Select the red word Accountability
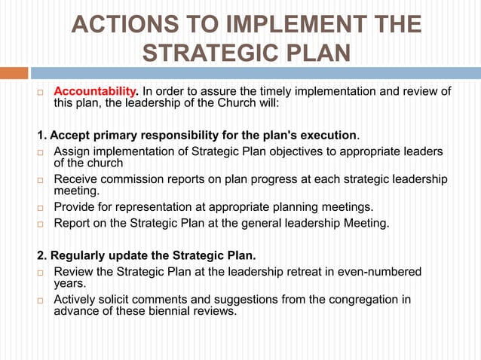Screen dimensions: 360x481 coord(94,92)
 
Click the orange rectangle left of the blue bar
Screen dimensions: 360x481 coord(14,73)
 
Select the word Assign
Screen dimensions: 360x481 coord(74,152)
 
